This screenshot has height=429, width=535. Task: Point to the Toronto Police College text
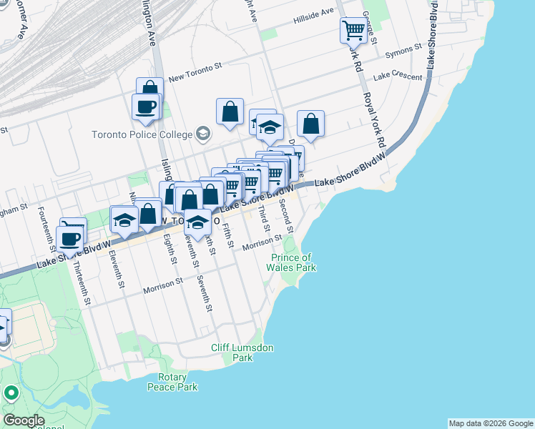[x=142, y=134]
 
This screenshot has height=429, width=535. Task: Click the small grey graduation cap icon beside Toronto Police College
[x=203, y=134]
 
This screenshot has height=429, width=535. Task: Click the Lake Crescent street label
[x=393, y=74]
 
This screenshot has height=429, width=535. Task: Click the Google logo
[x=24, y=420]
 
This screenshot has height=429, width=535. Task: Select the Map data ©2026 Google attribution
[x=491, y=423]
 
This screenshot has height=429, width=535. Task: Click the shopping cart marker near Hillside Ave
[x=353, y=30]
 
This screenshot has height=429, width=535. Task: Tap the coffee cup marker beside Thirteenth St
[x=71, y=237]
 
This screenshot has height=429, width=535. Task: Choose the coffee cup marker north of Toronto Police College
[x=145, y=107]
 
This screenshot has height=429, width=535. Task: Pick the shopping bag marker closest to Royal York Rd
[x=311, y=124]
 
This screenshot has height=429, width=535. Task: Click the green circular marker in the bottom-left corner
[x=11, y=393]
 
